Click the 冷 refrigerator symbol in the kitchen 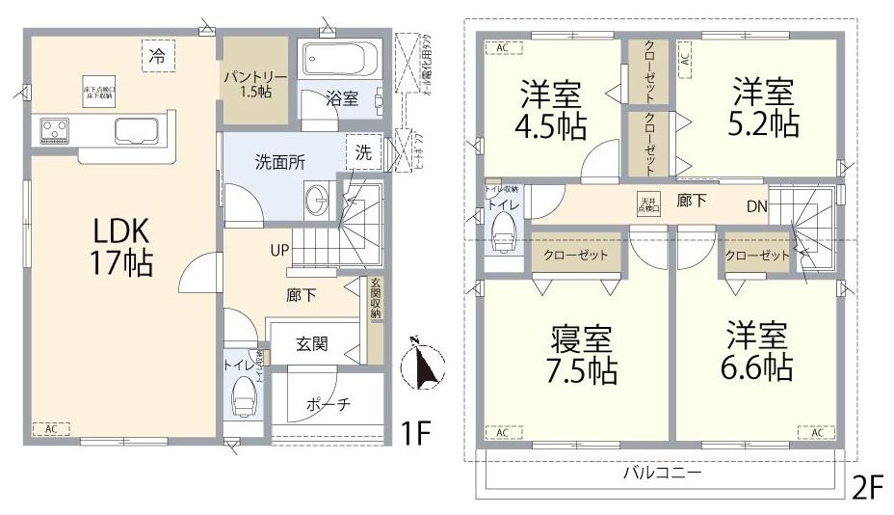tap(156, 55)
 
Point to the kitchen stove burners tap(55, 129)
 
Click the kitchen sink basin tap(136, 129)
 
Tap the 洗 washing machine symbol tap(362, 151)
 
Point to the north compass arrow tap(421, 364)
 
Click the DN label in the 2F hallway tap(757, 205)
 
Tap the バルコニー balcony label tap(661, 474)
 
